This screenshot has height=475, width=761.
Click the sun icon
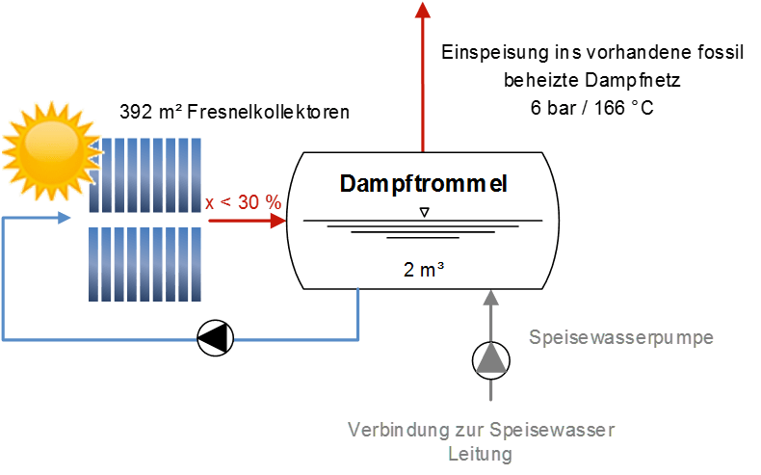[x=52, y=150]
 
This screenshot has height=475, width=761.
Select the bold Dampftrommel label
[x=423, y=184]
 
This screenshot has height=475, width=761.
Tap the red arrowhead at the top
[x=423, y=10]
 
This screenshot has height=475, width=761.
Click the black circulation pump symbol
[x=216, y=338]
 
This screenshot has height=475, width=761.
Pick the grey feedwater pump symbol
[x=490, y=360]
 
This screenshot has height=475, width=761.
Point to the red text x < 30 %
[x=243, y=202]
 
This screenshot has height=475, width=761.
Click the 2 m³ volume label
[x=423, y=270]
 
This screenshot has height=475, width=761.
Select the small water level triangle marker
[x=425, y=212]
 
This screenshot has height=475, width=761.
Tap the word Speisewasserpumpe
[x=620, y=337]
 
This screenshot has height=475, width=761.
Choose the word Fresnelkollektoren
[x=268, y=112]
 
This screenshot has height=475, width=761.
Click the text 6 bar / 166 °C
[x=591, y=108]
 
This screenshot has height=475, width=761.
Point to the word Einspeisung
[x=494, y=53]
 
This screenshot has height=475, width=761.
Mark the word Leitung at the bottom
[x=480, y=454]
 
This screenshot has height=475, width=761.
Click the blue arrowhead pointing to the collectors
[x=65, y=218]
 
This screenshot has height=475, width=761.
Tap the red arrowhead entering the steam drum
[x=278, y=221]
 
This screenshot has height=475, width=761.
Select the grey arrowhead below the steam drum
[x=490, y=298]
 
